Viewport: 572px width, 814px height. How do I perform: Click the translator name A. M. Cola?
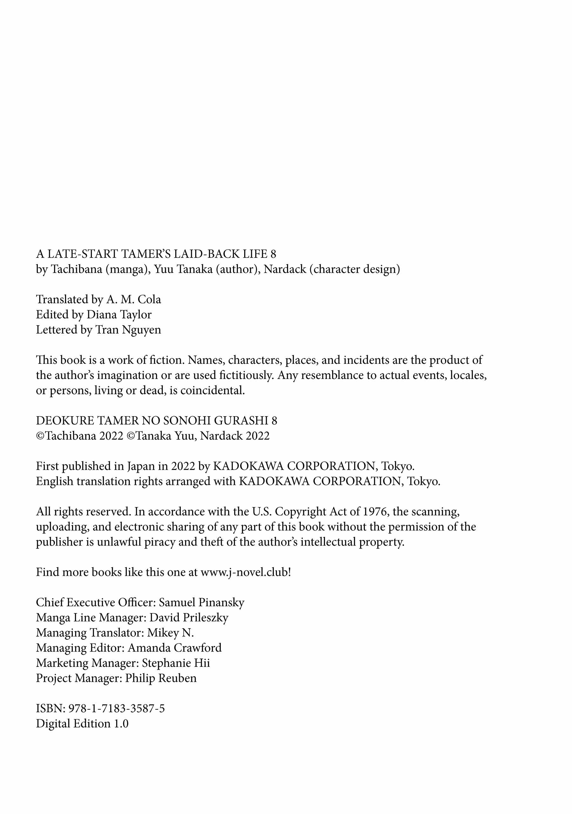(133, 300)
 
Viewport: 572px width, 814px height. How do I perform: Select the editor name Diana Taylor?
(119, 315)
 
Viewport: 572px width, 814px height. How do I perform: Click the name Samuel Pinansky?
(201, 603)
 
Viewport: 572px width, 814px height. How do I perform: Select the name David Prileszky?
(189, 618)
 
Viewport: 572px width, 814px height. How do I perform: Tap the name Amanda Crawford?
(175, 648)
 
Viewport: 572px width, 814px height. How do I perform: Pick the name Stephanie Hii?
(176, 663)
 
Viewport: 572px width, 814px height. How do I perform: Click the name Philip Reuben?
(161, 678)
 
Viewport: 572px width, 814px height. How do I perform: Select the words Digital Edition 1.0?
(82, 724)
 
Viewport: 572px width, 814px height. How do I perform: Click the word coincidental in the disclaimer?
(212, 391)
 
